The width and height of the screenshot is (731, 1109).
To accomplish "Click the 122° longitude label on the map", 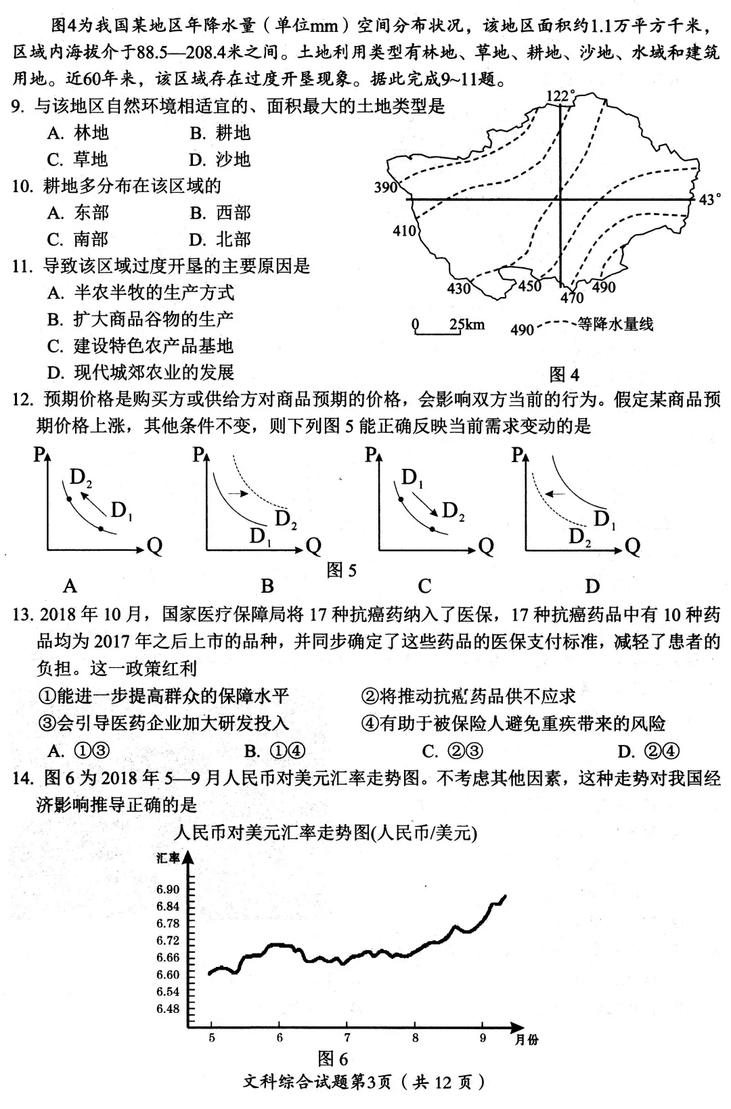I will click(x=560, y=97).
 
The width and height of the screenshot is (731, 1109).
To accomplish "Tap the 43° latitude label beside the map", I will click(x=709, y=200).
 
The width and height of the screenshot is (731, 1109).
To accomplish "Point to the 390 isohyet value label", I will click(x=386, y=187).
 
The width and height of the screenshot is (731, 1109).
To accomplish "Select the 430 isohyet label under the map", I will click(x=459, y=289).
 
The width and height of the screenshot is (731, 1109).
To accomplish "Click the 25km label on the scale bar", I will click(x=467, y=325).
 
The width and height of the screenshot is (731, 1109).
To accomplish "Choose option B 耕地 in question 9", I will click(x=221, y=133).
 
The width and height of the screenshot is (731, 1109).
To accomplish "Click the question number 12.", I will click(x=22, y=399).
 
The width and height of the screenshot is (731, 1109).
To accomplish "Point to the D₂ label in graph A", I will click(x=81, y=478).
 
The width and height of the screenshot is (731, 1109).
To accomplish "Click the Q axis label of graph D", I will click(x=632, y=546).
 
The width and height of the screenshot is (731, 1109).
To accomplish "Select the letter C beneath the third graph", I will click(x=424, y=585).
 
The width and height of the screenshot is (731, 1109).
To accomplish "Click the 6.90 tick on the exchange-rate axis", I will click(x=168, y=889).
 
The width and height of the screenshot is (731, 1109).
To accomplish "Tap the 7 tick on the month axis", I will click(x=347, y=1037).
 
